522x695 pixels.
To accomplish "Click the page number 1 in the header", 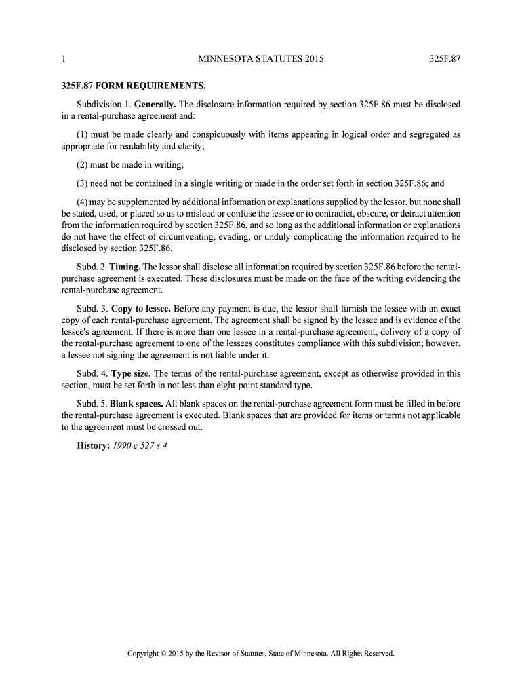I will [x=63, y=60].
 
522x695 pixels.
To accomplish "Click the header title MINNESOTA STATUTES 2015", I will [x=261, y=60].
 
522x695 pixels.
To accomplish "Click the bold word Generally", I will [x=155, y=105].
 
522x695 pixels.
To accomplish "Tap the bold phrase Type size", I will [x=131, y=373].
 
